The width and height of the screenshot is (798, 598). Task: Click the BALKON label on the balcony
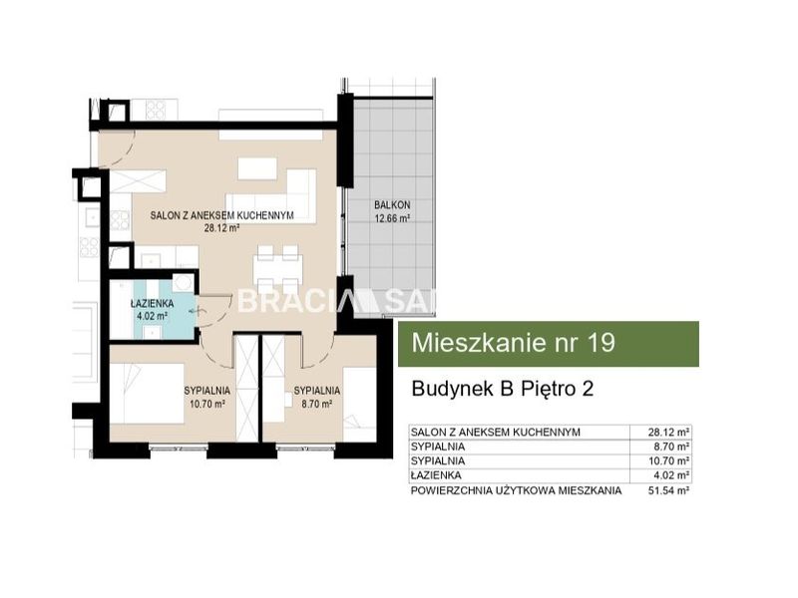[392, 205]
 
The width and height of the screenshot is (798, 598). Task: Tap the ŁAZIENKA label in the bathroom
[153, 304]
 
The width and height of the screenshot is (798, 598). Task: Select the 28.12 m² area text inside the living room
[221, 228]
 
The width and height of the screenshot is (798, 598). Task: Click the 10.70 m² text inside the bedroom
[207, 405]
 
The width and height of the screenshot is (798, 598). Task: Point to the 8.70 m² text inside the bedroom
[317, 405]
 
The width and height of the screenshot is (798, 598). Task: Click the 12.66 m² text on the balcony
[392, 218]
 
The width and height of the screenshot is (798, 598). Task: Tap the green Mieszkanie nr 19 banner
[548, 343]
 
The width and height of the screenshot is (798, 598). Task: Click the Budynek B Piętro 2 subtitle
[503, 389]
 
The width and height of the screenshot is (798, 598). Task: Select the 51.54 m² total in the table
[668, 490]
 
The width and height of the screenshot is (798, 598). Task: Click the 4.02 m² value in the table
[671, 475]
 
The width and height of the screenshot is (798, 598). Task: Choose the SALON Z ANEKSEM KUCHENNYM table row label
[495, 433]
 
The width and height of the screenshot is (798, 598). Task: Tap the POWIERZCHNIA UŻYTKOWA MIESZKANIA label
[516, 490]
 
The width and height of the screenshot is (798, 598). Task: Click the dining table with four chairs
[278, 267]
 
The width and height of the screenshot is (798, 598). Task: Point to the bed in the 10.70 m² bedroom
[147, 393]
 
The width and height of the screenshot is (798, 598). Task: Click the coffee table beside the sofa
[257, 168]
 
